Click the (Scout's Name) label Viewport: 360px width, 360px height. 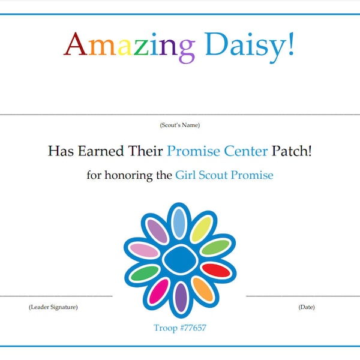180,125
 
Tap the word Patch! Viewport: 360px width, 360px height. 292,151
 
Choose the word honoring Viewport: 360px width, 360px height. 131,175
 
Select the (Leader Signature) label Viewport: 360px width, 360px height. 53,307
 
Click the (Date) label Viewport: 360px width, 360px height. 306,307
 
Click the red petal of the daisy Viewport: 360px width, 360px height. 216,270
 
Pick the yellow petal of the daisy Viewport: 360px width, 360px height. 201,229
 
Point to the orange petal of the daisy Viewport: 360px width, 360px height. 203,289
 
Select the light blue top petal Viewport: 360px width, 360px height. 179,222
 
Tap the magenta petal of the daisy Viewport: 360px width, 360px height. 159,291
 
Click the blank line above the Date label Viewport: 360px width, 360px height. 303,296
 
